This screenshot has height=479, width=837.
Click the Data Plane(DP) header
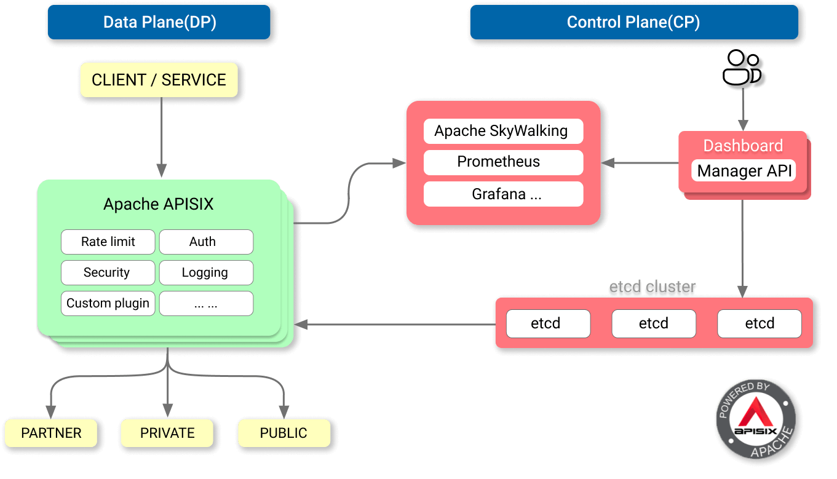[159, 23]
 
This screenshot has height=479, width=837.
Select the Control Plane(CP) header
[633, 23]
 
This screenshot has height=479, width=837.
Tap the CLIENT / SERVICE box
[159, 80]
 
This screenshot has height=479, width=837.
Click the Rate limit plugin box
[108, 242]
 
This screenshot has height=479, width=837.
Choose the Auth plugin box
[206, 242]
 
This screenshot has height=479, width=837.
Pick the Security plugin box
[108, 272]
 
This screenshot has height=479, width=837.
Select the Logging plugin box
[206, 272]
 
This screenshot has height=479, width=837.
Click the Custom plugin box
[108, 303]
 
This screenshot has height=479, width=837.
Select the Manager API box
[744, 170]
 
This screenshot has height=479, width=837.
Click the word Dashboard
[743, 146]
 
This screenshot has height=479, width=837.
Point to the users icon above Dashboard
[741, 68]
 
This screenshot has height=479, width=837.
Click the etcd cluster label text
[653, 287]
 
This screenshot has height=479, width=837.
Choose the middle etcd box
[654, 323]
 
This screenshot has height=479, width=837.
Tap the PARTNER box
[51, 433]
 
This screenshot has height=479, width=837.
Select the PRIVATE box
[167, 433]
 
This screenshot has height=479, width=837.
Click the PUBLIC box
[284, 433]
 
